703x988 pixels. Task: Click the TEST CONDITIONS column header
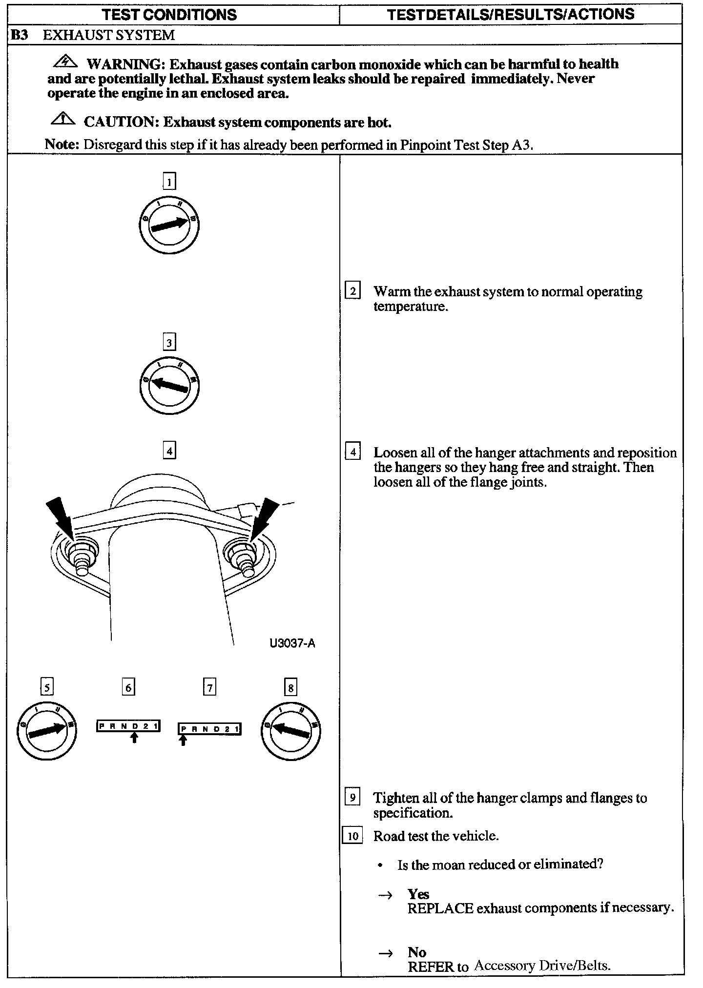[x=170, y=14]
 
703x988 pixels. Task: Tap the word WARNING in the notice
[x=125, y=64]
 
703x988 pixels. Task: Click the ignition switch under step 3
[x=169, y=385]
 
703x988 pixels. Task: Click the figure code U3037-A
[x=292, y=643]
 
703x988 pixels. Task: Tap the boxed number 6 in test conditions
[x=128, y=688]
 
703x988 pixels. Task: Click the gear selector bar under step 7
[x=209, y=729]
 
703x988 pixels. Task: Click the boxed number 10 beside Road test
[x=352, y=836]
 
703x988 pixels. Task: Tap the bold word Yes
[x=418, y=894]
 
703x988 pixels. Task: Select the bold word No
[x=417, y=952]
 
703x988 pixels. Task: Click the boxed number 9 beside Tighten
[x=352, y=798]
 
